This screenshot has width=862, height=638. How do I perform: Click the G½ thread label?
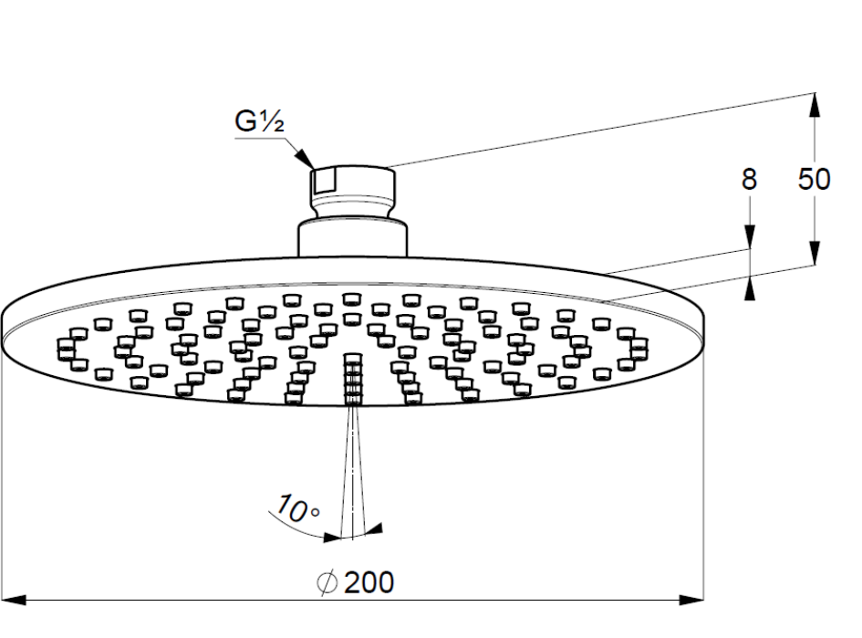pyautogui.click(x=259, y=121)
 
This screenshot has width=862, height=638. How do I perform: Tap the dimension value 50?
pyautogui.click(x=815, y=179)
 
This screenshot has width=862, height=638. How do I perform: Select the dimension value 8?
pyautogui.click(x=749, y=179)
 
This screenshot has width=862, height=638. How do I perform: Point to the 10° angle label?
pyautogui.click(x=297, y=508)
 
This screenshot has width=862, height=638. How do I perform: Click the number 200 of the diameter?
pyautogui.click(x=369, y=582)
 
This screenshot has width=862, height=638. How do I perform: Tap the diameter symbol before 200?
pyautogui.click(x=327, y=582)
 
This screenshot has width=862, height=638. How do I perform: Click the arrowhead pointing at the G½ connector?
pyautogui.click(x=305, y=157)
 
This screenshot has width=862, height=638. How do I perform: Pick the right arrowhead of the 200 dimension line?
pyautogui.click(x=691, y=600)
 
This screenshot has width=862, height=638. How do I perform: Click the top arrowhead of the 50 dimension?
pyautogui.click(x=815, y=104)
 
